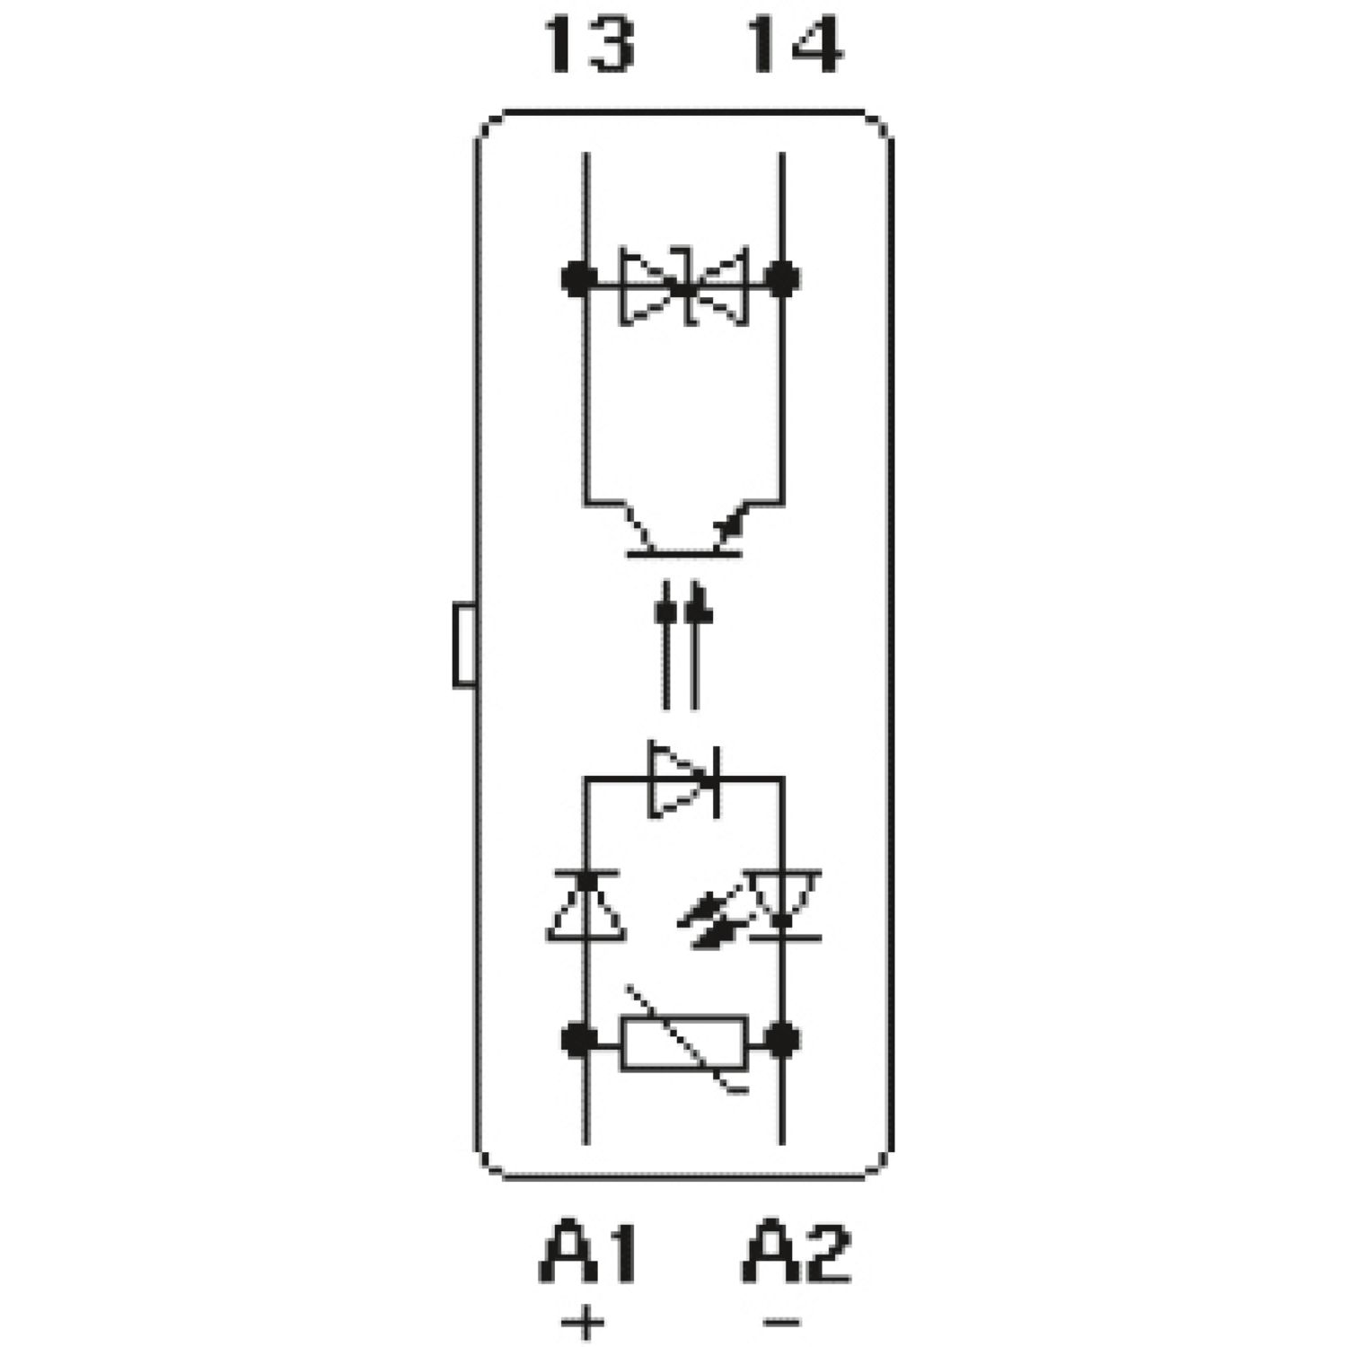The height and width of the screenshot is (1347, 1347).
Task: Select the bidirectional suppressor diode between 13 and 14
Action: [x=684, y=286]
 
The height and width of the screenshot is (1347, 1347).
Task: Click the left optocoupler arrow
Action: [x=666, y=647]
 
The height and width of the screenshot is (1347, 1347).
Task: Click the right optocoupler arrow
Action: [x=697, y=647]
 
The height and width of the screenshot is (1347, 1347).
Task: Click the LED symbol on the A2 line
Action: [x=783, y=905]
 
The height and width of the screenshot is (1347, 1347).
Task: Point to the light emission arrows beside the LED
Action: [x=709, y=920]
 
